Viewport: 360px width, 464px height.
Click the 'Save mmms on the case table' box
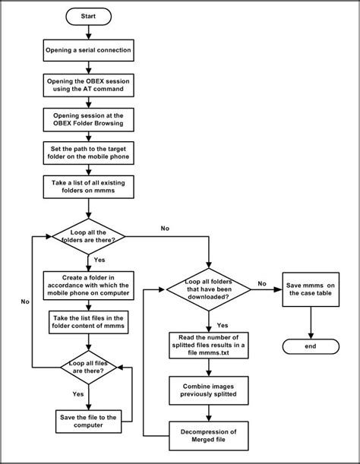tap(313, 289)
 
